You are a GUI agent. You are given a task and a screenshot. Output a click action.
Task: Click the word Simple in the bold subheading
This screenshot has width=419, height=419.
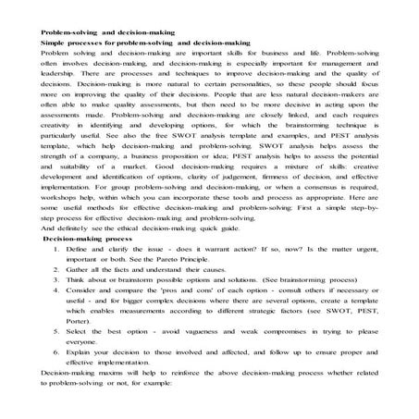53,43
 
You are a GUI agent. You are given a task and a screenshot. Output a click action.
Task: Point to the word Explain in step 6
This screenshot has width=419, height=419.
77,355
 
